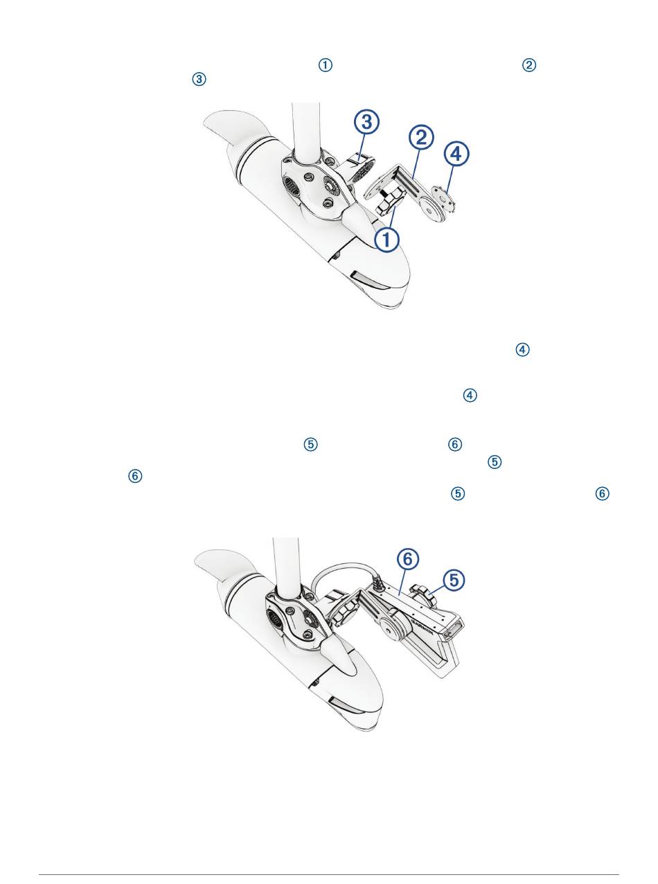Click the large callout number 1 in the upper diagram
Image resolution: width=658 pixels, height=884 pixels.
tap(386, 240)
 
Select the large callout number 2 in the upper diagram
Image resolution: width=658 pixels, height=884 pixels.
tap(421, 137)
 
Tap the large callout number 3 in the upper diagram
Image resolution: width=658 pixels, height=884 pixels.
tap(366, 121)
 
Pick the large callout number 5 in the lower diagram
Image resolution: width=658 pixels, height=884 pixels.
tap(454, 579)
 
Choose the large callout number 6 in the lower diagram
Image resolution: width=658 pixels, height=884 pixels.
tap(408, 559)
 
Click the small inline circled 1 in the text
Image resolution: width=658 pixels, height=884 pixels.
tap(326, 65)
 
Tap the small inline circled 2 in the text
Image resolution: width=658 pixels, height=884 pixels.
tap(529, 65)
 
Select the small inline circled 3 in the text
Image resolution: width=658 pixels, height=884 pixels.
tap(199, 79)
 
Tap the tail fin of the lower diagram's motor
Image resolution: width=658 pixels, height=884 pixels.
tap(223, 566)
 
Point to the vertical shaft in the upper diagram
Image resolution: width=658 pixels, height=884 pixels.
tap(306, 132)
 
